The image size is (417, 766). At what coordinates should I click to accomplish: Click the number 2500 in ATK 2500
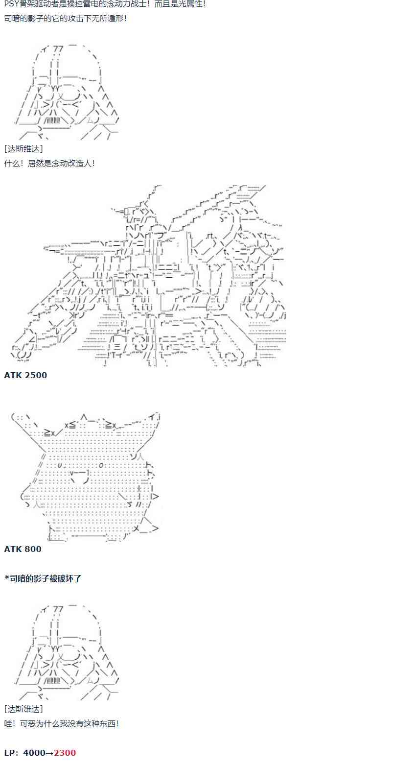point(36,375)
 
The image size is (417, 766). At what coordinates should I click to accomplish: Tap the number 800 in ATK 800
point(33,549)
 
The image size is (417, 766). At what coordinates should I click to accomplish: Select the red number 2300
point(65,753)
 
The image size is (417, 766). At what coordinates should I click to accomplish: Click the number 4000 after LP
point(34,753)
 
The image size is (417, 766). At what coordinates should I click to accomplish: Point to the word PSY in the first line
point(11,4)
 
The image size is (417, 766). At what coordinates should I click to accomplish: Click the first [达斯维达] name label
point(23,149)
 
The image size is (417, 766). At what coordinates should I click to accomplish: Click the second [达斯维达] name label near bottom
point(23,709)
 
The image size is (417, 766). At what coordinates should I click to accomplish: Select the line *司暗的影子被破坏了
point(43,578)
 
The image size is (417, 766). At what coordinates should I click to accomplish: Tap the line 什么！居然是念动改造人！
point(50,164)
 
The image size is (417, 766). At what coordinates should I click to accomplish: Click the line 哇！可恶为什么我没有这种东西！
point(62,723)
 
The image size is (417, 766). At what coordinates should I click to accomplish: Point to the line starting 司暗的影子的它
point(66,19)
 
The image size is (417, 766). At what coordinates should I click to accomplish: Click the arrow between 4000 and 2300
point(49,753)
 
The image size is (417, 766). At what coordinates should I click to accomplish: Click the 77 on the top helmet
point(58,49)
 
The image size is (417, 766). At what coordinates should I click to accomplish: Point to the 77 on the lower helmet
point(58,609)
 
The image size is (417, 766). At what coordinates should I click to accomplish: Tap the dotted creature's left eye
point(60,465)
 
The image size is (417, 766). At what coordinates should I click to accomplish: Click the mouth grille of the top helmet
point(52,120)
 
